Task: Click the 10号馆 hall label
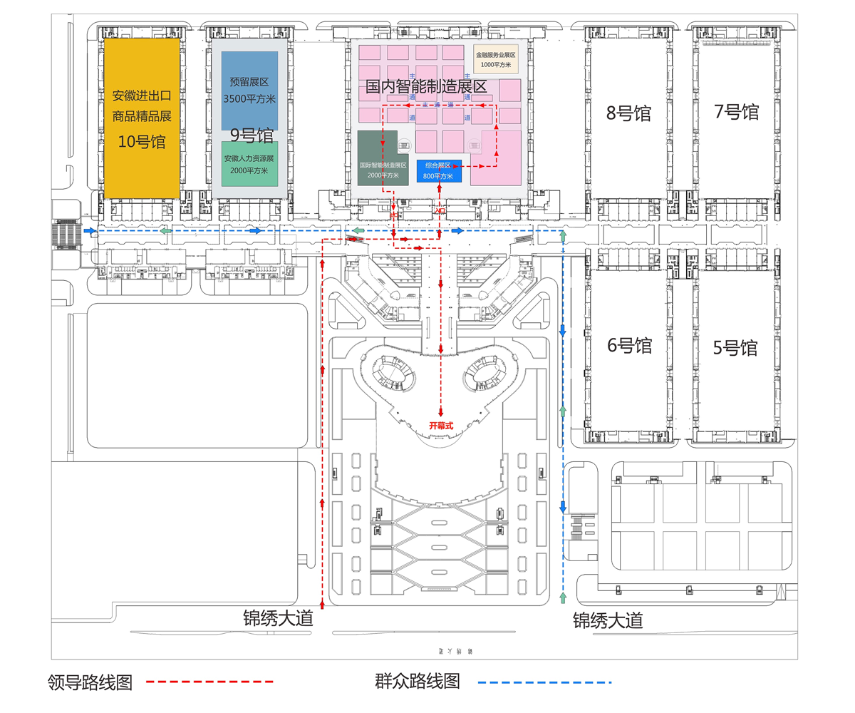coord(141,142)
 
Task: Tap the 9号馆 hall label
coord(252,135)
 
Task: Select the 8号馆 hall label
coord(629,113)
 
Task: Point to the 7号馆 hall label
coord(736,112)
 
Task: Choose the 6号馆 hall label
coord(630,346)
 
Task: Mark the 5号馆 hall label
coord(735,349)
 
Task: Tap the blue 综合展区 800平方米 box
coord(439,170)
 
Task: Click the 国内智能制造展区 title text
coord(425,88)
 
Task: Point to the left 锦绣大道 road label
coord(278,618)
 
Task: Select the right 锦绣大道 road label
coord(608,620)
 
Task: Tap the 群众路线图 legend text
coord(417,682)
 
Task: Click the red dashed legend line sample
coord(209,682)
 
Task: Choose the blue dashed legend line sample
coord(544,682)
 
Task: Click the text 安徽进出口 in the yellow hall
coord(141,96)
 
